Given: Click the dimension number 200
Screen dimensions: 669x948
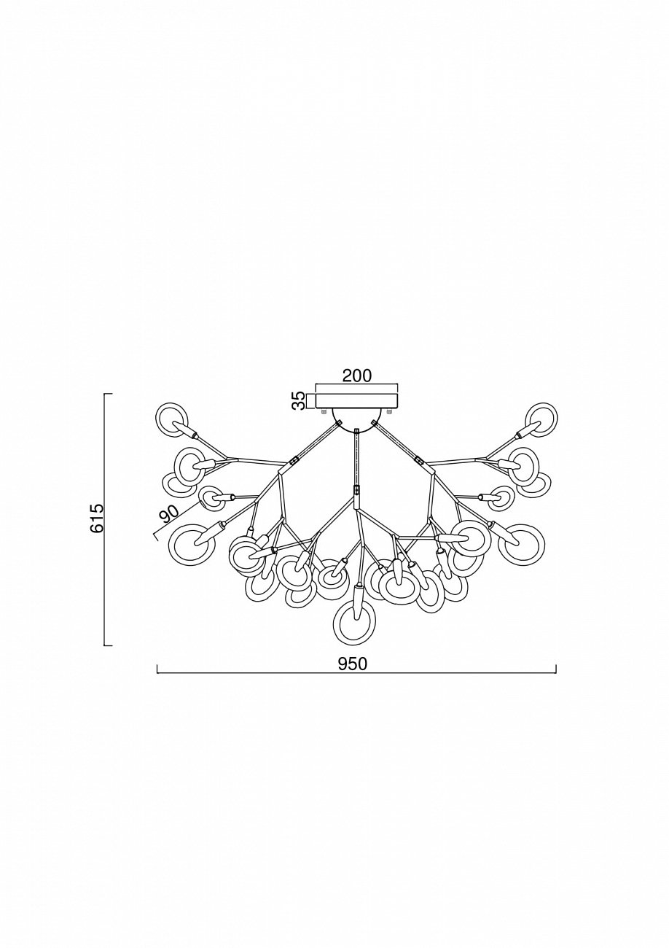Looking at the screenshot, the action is [x=356, y=376].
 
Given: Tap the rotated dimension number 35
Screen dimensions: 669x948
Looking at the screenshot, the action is [x=299, y=401].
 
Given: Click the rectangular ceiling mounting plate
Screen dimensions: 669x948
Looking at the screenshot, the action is [x=357, y=401].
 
